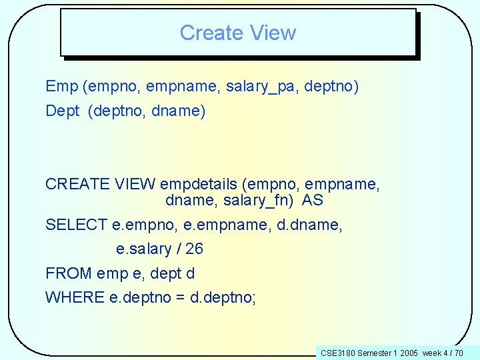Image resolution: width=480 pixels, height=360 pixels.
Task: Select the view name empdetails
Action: [x=206, y=184]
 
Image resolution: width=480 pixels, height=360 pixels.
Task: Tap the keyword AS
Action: [x=312, y=200]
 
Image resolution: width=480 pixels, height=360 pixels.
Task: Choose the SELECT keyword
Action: [x=76, y=225]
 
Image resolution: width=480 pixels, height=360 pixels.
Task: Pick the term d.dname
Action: [x=310, y=225]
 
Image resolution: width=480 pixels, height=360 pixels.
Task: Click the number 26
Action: [x=194, y=249]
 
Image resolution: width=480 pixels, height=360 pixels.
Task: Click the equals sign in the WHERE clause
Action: [x=180, y=297]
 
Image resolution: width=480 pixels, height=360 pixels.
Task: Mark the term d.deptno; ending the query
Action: [x=223, y=297]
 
